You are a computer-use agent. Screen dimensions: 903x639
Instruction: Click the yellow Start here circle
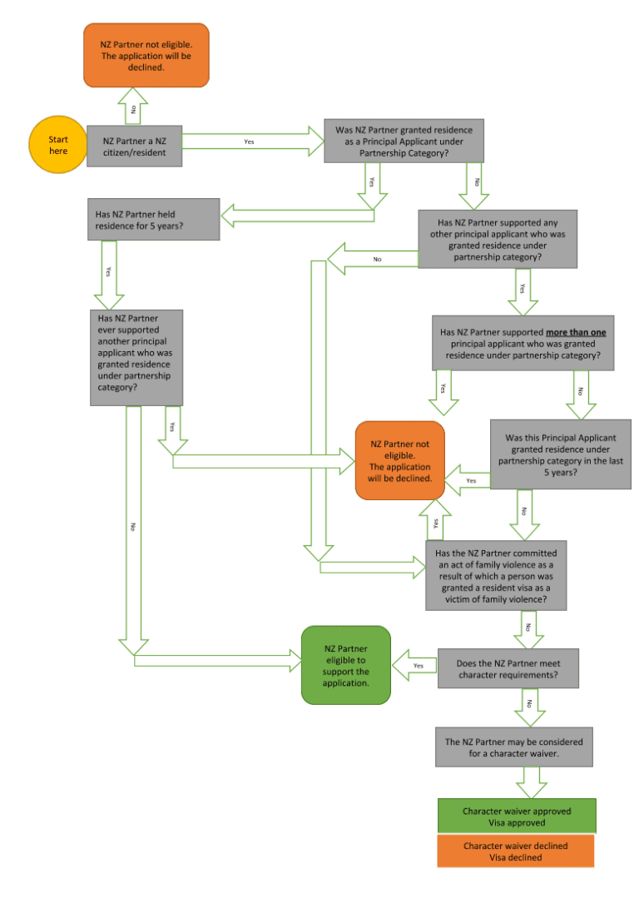pyautogui.click(x=58, y=145)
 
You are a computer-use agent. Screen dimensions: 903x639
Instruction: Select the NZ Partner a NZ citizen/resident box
pyautogui.click(x=134, y=146)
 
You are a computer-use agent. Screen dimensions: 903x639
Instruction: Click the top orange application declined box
pyautogui.click(x=146, y=55)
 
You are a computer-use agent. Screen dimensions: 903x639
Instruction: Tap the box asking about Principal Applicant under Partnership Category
pyautogui.click(x=404, y=141)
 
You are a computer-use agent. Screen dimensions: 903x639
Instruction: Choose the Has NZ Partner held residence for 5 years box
pyautogui.click(x=153, y=220)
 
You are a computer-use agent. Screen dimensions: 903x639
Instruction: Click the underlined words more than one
pyautogui.click(x=576, y=332)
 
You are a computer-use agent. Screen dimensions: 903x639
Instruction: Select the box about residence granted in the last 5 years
pyautogui.click(x=560, y=454)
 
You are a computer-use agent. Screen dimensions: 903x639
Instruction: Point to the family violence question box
pyautogui.click(x=497, y=575)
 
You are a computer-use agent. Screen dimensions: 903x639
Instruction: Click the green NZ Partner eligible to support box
pyautogui.click(x=345, y=665)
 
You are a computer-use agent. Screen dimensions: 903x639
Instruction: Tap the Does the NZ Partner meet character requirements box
pyautogui.click(x=508, y=668)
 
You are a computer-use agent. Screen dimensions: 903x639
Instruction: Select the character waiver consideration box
pyautogui.click(x=513, y=747)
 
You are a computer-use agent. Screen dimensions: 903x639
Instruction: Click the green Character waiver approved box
pyautogui.click(x=516, y=816)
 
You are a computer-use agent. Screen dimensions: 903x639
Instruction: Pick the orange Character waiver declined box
pyautogui.click(x=516, y=851)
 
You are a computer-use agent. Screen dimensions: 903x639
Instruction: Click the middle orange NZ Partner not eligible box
pyautogui.click(x=399, y=460)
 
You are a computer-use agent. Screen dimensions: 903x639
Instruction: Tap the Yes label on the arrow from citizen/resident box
pyautogui.click(x=249, y=141)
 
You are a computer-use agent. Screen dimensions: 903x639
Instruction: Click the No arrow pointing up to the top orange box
pyautogui.click(x=133, y=107)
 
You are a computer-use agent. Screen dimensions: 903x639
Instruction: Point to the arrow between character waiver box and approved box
pyautogui.click(x=531, y=782)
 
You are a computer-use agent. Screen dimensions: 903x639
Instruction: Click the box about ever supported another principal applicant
pyautogui.click(x=136, y=358)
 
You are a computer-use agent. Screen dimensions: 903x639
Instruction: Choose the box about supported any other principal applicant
pyautogui.click(x=497, y=239)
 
